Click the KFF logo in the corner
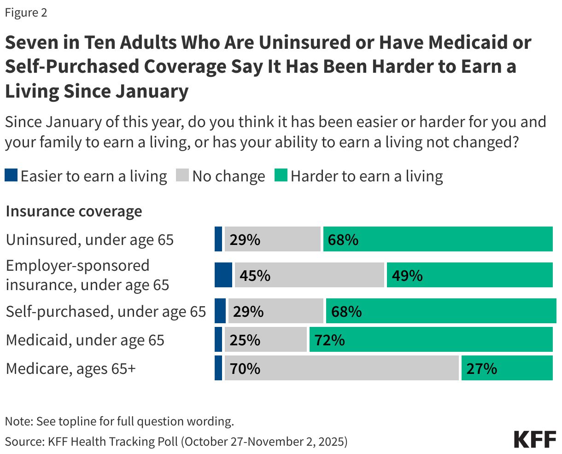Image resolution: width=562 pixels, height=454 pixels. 535,440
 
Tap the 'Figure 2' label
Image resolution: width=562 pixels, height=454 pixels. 26,12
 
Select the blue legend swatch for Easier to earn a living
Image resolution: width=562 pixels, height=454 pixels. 12,175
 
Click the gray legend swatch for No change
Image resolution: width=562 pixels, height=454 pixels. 183,175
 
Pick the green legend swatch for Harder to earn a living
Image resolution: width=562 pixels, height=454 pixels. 281,175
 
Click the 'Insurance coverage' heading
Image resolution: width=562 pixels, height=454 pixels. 74,211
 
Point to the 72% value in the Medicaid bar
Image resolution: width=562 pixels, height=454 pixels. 329,340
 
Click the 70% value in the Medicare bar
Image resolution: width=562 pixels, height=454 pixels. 245,368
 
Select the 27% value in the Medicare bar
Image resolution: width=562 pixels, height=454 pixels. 481,368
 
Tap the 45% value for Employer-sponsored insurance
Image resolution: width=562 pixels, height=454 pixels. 255,275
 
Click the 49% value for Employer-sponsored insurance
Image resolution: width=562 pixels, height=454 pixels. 407,275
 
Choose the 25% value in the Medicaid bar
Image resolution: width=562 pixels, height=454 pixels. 245,340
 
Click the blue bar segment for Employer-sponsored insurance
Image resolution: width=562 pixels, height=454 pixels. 223,275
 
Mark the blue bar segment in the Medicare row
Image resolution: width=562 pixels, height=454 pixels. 218,368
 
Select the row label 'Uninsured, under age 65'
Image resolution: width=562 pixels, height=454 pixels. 90,239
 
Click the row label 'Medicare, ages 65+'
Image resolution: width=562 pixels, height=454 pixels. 71,368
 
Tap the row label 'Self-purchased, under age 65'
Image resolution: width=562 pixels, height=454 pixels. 105,311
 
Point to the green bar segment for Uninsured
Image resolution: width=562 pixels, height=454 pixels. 438,239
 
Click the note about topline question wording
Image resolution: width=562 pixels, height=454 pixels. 119,421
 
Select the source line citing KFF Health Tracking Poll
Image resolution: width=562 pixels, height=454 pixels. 176,441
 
